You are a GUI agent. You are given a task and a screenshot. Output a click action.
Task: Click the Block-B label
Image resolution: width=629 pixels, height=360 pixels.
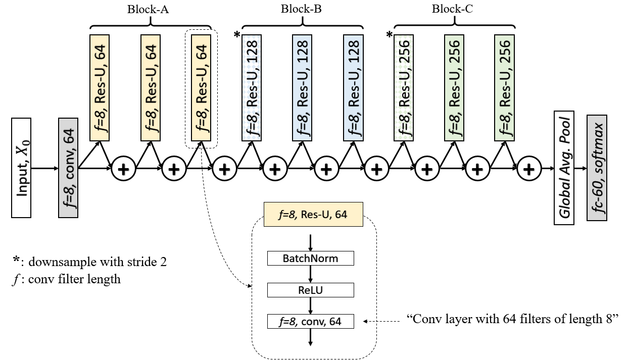click(301, 9)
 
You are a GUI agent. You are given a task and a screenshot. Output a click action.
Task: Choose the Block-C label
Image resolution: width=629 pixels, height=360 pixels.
click(453, 9)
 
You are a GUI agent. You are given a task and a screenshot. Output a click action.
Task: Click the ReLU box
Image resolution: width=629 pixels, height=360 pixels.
click(310, 290)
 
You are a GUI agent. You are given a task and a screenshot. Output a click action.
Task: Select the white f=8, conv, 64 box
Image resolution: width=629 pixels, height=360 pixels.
click(310, 321)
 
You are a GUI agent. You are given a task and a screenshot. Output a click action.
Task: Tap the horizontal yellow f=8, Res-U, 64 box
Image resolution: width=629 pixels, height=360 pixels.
click(313, 214)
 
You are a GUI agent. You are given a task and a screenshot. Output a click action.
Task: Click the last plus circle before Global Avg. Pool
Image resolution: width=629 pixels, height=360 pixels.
click(528, 169)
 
